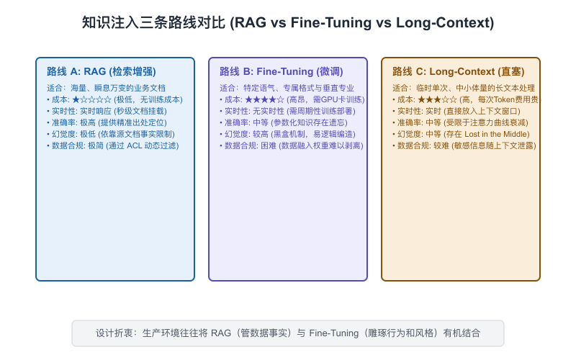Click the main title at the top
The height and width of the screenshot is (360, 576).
[288, 22]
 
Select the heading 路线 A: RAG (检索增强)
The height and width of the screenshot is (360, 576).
[102, 71]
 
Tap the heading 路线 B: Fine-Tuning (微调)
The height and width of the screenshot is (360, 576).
[282, 71]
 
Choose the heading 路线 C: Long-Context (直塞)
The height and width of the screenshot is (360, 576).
[459, 71]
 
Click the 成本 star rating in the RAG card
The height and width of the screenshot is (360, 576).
[92, 99]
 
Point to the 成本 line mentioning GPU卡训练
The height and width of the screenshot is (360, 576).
[292, 99]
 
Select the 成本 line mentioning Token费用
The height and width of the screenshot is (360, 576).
[465, 99]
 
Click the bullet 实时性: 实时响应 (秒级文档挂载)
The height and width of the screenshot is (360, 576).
[107, 111]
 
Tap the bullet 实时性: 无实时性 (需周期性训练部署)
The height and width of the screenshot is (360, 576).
[287, 111]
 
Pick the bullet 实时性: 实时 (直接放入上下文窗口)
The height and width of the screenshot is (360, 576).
[456, 111]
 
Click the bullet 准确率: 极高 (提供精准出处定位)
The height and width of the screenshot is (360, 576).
[107, 122]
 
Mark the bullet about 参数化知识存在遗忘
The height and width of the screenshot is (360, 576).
[284, 122]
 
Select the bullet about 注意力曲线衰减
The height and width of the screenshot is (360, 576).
[460, 122]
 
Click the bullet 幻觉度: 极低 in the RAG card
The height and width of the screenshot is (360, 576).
[111, 134]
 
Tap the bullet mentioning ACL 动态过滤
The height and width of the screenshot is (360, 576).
[113, 146]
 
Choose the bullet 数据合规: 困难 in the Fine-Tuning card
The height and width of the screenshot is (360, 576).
[292, 146]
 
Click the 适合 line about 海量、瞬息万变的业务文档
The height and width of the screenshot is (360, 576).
[106, 88]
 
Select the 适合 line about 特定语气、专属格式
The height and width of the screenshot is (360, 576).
[287, 88]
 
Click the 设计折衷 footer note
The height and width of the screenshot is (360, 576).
[288, 333]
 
